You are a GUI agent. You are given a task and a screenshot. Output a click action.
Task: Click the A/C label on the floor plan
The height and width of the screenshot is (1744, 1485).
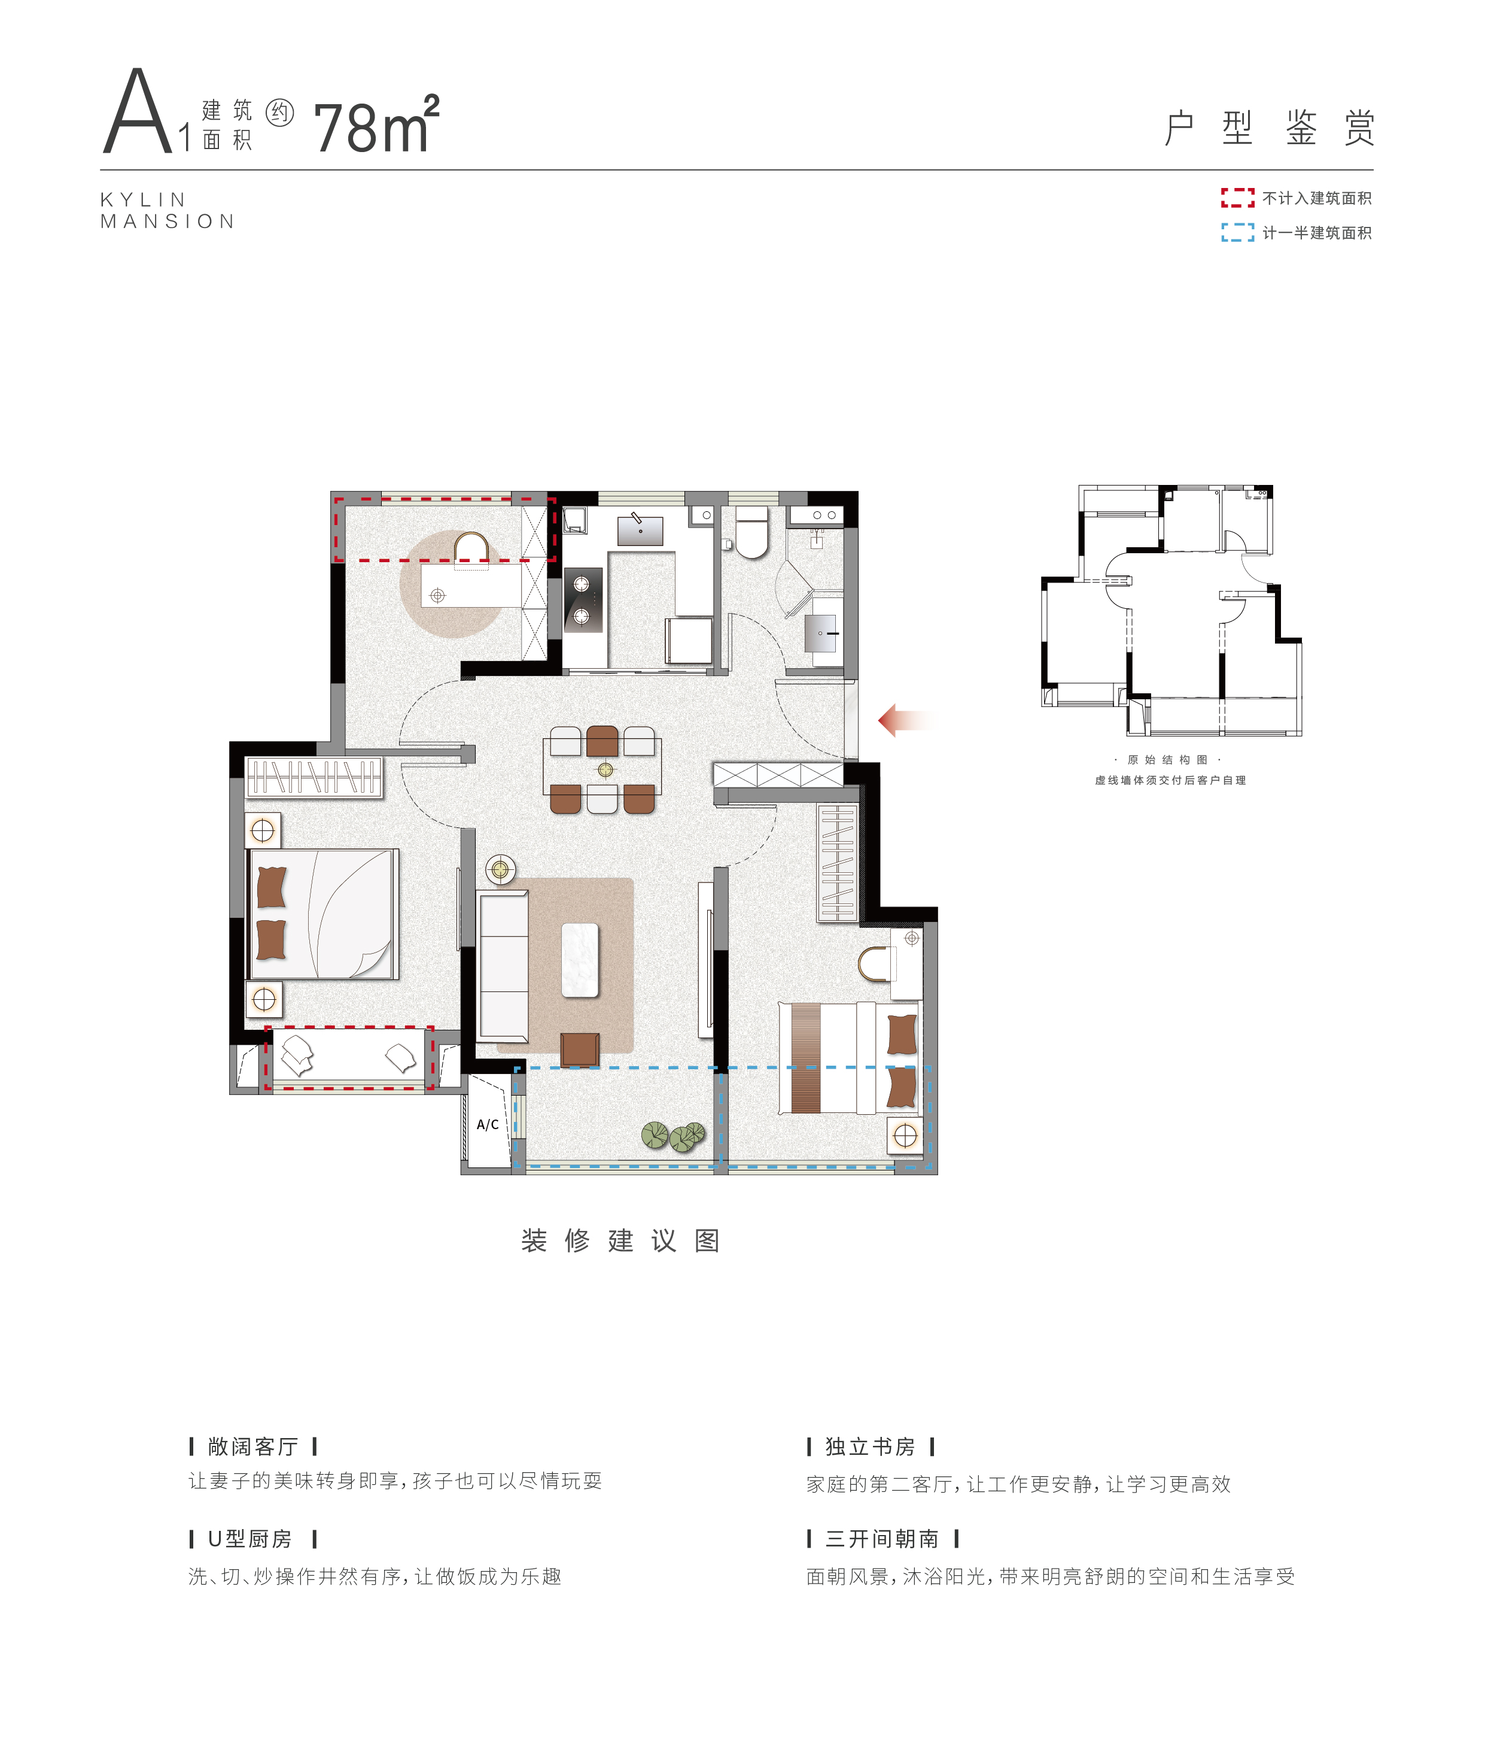click(487, 1124)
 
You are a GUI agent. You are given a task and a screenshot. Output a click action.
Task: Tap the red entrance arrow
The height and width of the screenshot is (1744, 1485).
click(903, 720)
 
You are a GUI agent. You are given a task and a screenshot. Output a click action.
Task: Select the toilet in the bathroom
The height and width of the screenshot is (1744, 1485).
click(751, 532)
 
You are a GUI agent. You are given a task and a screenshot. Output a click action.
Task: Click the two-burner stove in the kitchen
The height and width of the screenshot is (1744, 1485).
click(583, 600)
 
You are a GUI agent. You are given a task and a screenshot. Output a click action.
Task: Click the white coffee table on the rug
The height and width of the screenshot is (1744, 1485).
click(580, 960)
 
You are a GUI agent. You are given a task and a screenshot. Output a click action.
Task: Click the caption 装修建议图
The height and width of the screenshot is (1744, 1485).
click(620, 1240)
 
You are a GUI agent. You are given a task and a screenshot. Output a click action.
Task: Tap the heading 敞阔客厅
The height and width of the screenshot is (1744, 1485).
click(253, 1446)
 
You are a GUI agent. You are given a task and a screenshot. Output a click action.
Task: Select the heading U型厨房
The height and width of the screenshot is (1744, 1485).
click(250, 1539)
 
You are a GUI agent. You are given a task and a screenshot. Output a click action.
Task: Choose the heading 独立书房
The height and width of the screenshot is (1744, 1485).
click(870, 1446)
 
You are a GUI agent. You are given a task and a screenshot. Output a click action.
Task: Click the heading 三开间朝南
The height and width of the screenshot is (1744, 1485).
click(882, 1539)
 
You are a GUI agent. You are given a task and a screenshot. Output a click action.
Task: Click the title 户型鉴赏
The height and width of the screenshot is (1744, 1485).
click(1270, 128)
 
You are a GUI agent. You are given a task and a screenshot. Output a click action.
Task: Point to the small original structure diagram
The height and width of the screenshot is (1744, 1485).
click(1171, 610)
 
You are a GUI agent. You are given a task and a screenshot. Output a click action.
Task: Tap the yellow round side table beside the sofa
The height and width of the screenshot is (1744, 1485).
click(501, 869)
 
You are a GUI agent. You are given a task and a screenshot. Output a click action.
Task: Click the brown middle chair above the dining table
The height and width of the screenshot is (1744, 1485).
click(602, 741)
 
